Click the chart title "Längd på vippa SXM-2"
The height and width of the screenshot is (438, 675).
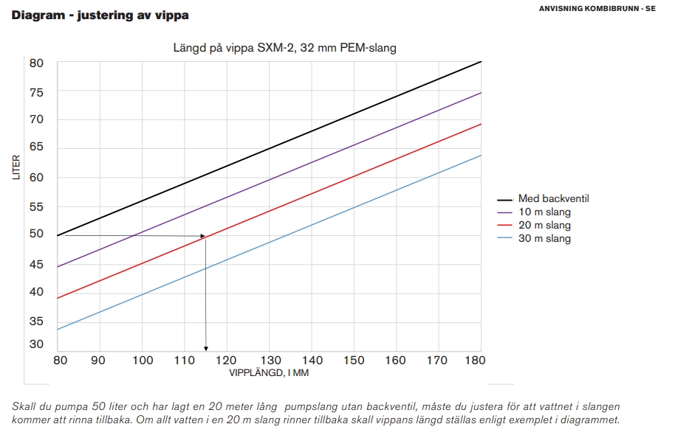point(285,48)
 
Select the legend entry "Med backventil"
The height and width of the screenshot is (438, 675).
point(553,198)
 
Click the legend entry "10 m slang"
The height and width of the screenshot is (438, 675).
point(544,212)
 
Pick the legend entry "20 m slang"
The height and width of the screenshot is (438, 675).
point(544,225)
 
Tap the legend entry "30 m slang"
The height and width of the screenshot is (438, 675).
point(544,238)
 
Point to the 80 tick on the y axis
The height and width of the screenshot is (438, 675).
point(37,63)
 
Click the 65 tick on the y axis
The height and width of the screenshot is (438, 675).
point(37,147)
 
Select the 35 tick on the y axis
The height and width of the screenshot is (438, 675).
point(37,321)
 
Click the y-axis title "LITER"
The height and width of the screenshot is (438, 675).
point(17,168)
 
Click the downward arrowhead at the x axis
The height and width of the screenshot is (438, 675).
point(206,348)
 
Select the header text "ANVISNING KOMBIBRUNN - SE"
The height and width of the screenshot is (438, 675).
point(597,9)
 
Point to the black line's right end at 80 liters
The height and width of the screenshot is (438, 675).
point(481,61)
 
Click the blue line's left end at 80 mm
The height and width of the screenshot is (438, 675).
point(58,329)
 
